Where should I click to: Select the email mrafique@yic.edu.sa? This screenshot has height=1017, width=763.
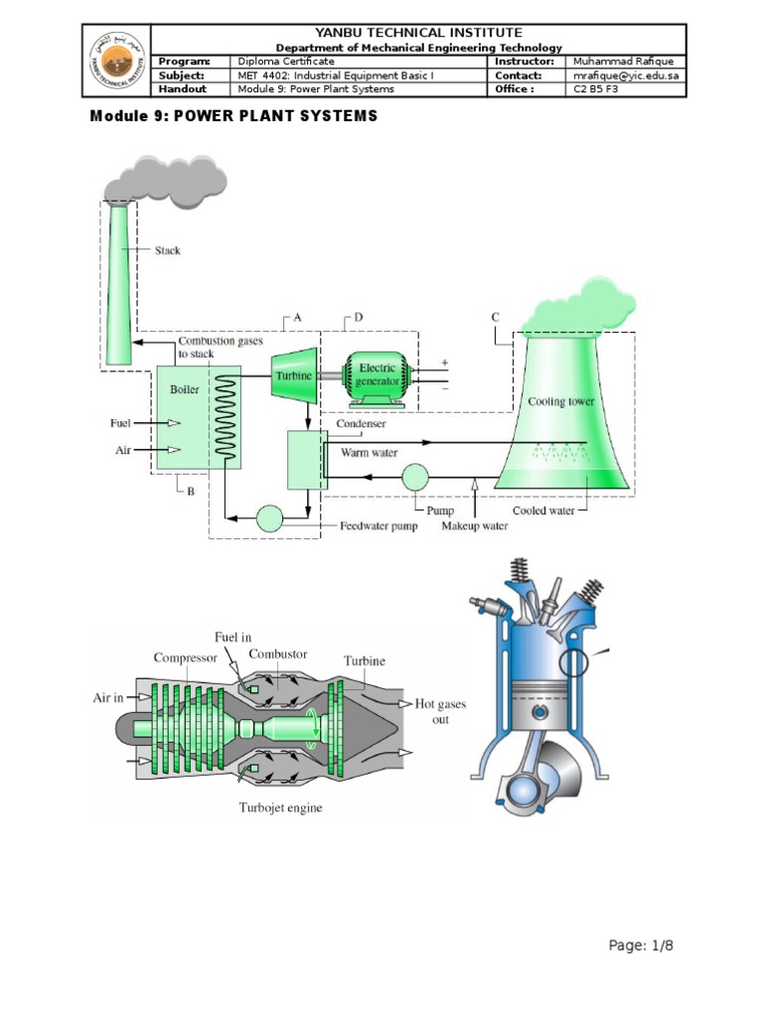(x=625, y=75)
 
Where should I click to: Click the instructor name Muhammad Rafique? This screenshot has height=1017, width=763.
(x=623, y=62)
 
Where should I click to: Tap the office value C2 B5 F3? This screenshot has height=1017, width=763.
(x=593, y=89)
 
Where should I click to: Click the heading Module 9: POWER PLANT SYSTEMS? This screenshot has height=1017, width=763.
(x=233, y=116)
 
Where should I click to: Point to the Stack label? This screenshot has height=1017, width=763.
(x=168, y=251)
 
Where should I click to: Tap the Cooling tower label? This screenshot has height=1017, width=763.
(x=561, y=402)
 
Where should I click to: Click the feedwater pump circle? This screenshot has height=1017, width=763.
(x=269, y=517)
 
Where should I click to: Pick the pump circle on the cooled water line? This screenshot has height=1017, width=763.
(x=415, y=478)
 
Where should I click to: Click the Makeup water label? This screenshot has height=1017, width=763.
(x=475, y=526)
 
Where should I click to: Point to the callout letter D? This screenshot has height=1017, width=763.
(x=359, y=318)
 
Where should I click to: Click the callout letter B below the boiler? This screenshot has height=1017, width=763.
(x=191, y=490)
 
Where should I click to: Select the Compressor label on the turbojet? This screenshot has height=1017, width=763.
(x=186, y=657)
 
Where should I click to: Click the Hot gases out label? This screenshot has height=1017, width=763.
(x=440, y=711)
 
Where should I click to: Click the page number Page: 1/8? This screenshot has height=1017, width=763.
(x=647, y=945)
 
